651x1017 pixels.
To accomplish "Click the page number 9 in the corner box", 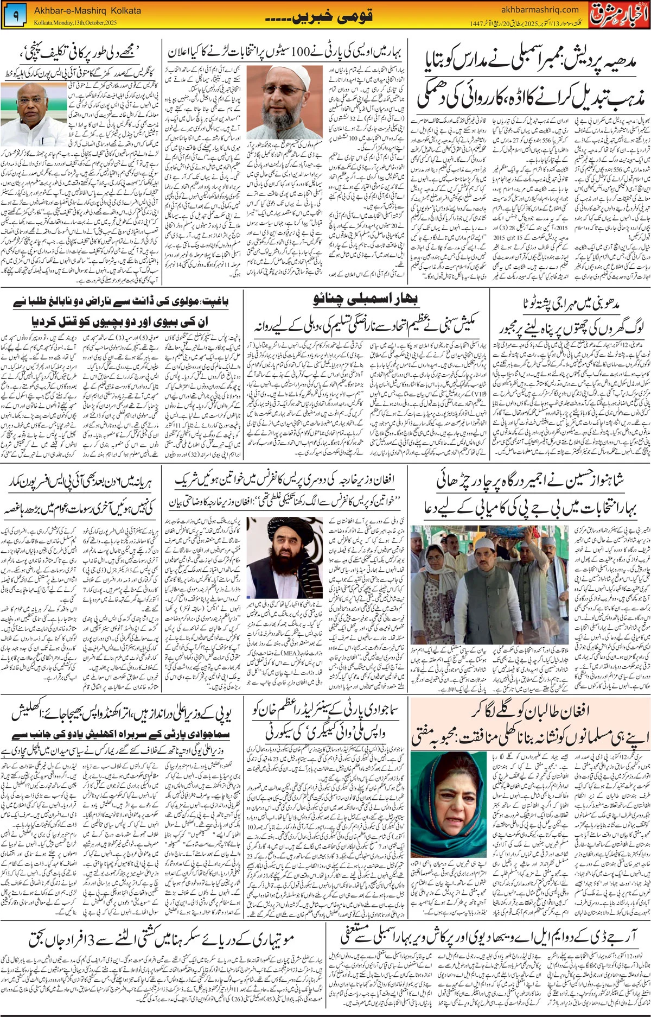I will click(x=15, y=16).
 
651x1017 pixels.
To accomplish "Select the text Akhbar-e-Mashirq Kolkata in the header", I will click(x=87, y=10).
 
